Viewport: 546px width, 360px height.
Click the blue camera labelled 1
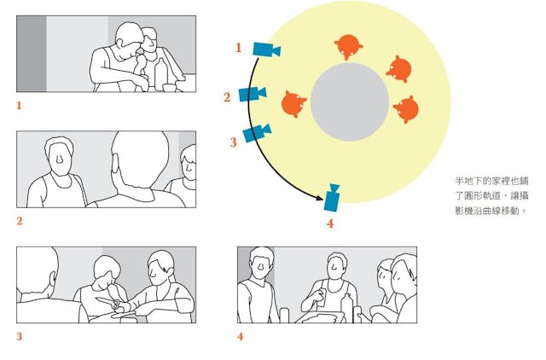pyautogui.click(x=266, y=49)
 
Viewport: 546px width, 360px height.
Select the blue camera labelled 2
pyautogui.click(x=253, y=94)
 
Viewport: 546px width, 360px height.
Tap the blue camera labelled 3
pyautogui.click(x=257, y=133)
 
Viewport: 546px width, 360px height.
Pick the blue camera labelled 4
pyautogui.click(x=332, y=198)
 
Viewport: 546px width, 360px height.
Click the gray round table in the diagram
pyautogui.click(x=349, y=102)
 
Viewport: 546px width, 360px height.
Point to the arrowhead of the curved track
pyautogui.click(x=320, y=198)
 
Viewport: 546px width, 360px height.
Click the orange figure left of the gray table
pyautogui.click(x=293, y=104)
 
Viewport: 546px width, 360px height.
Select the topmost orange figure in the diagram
pyautogui.click(x=348, y=47)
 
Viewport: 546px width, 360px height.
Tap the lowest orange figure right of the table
pyautogui.click(x=406, y=109)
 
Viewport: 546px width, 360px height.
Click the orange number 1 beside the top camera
pyautogui.click(x=239, y=48)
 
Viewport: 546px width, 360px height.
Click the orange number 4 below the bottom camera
pyautogui.click(x=330, y=224)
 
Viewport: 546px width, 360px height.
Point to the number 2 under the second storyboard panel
pyautogui.click(x=20, y=221)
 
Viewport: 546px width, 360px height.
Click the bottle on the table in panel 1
pyautogui.click(x=160, y=74)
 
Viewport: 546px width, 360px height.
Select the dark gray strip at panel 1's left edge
pyautogui.click(x=32, y=54)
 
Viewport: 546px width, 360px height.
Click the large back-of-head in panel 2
pyautogui.click(x=140, y=160)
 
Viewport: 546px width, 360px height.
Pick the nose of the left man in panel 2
pyautogui.click(x=60, y=159)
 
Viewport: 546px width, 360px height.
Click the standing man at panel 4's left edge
pyautogui.click(x=257, y=285)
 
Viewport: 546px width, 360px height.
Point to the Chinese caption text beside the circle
pyautogui.click(x=491, y=195)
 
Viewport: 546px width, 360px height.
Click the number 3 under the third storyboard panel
pyautogui.click(x=20, y=336)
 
